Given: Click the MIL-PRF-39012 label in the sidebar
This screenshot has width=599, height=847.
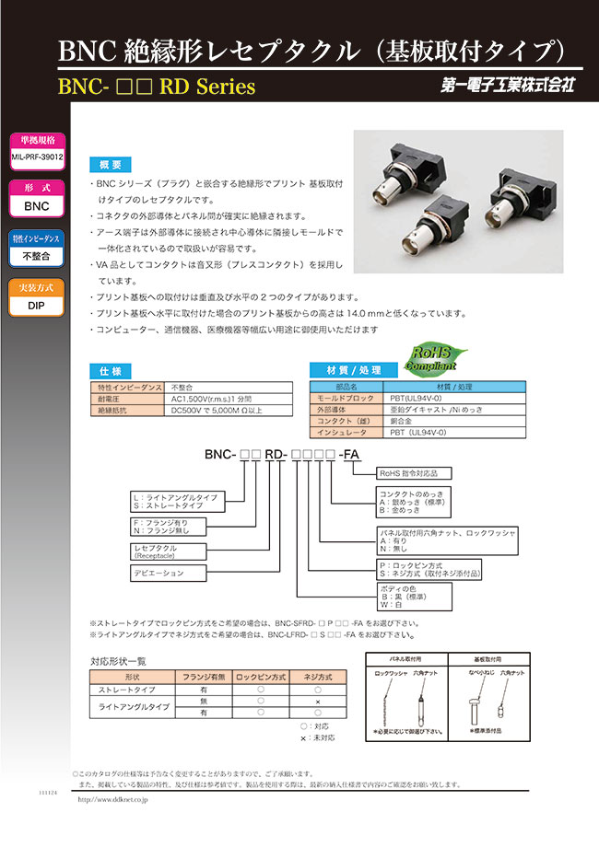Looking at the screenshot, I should point(37,157).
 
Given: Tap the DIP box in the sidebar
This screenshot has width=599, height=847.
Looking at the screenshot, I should point(37,306).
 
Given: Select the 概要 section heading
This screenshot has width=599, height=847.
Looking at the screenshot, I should point(111,165).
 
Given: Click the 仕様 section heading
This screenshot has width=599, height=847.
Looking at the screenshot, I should point(111,370).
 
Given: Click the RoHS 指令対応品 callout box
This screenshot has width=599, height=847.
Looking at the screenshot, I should point(415,472).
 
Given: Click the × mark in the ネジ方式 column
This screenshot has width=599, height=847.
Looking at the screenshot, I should point(318,702).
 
